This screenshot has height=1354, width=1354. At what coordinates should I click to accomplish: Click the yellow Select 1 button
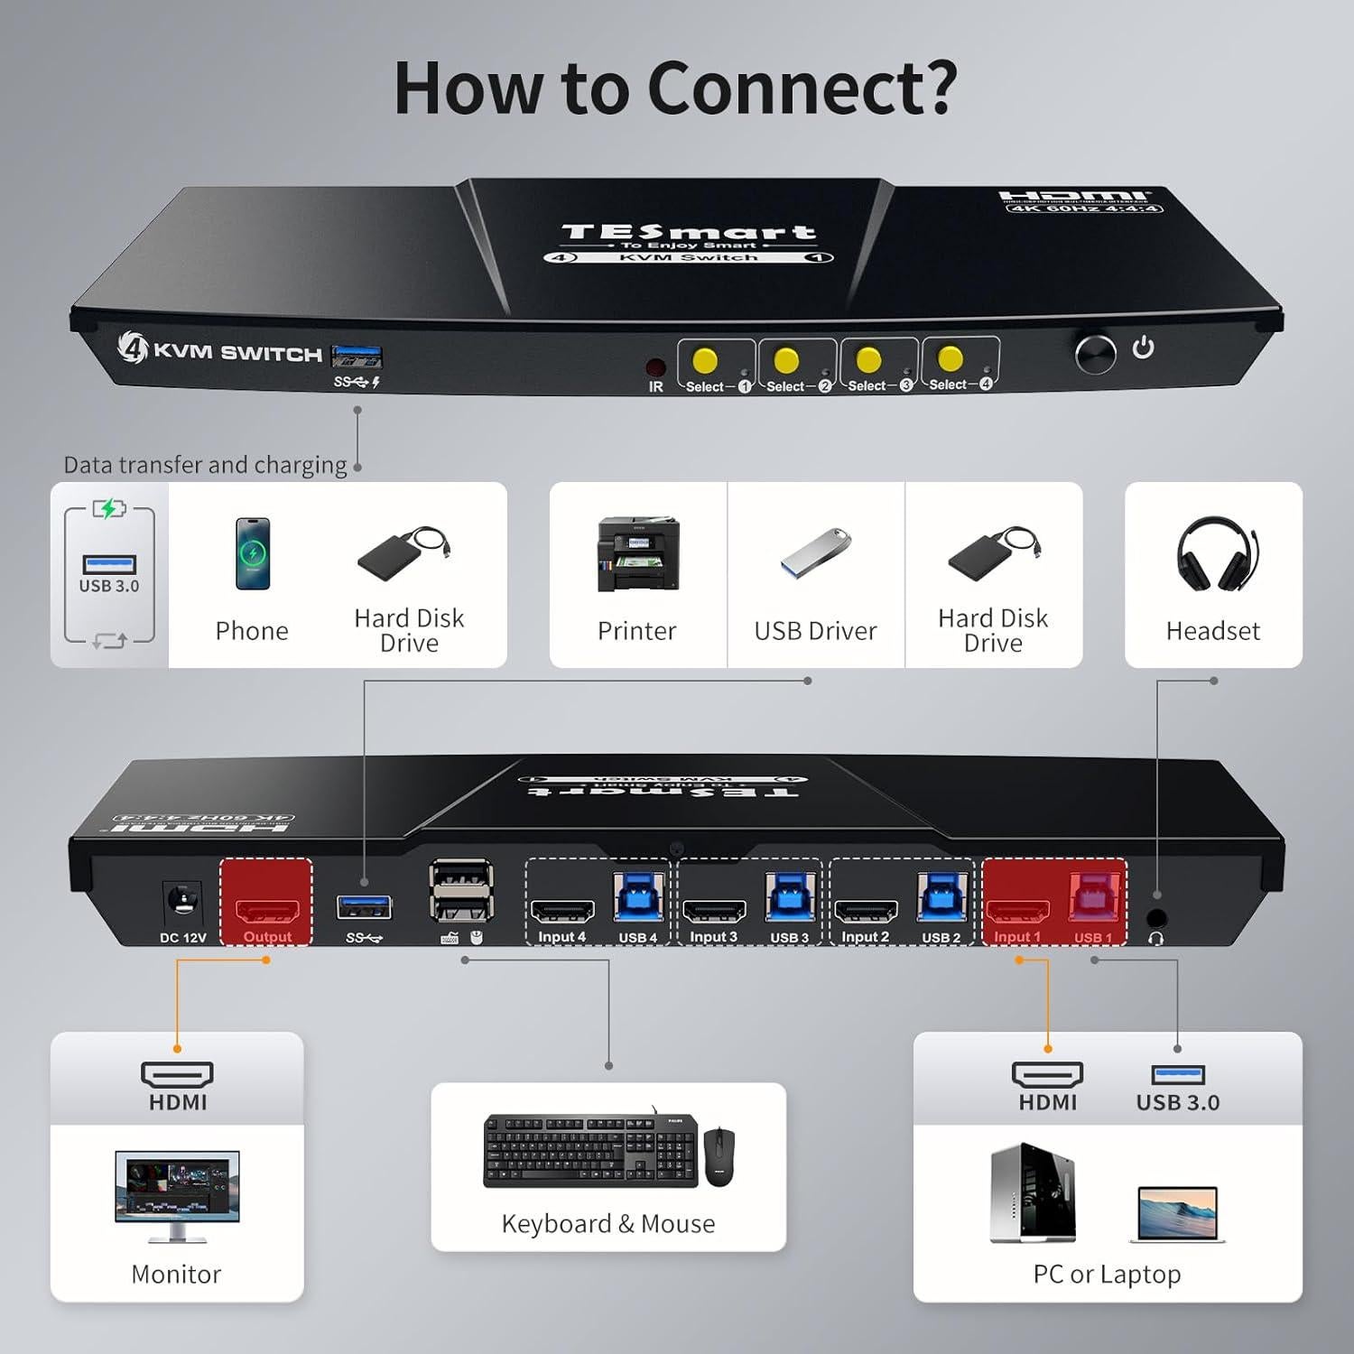704,360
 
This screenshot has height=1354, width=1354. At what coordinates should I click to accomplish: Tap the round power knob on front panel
1095,353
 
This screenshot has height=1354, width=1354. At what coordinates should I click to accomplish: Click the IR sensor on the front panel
655,367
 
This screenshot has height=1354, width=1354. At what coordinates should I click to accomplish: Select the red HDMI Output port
267,909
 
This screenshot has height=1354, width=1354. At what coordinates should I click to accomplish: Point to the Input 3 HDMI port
713,910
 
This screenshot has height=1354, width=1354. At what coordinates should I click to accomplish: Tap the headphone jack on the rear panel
1155,919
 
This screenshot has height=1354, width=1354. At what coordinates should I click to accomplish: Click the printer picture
637,554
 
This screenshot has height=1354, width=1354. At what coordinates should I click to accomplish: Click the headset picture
1215,554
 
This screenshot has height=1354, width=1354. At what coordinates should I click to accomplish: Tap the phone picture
252,553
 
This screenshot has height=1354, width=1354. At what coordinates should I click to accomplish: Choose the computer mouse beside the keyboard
719,1155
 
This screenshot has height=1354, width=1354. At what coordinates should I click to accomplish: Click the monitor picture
177,1194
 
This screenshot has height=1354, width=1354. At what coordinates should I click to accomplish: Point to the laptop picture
1177,1214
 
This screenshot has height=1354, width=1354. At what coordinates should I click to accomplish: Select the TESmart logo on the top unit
688,233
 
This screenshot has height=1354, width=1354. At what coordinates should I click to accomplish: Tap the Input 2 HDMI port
865,910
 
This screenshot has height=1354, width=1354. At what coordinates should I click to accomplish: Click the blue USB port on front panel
357,357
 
